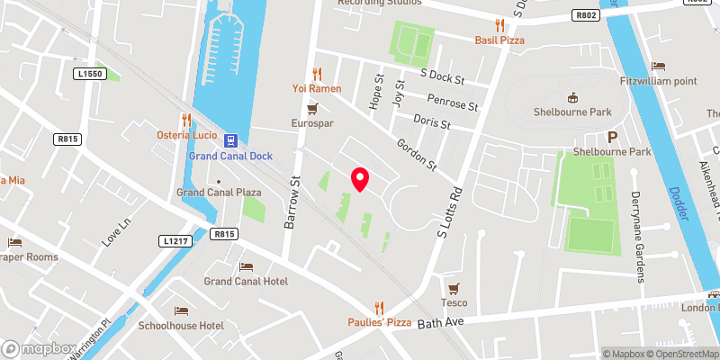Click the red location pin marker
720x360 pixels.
click(360, 179)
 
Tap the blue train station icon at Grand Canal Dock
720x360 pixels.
click(230, 140)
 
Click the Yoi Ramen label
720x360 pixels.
click(314, 88)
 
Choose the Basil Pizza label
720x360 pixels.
click(499, 40)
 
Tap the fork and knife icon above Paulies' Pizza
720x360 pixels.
click(379, 307)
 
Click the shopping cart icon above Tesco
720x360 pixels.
click(454, 288)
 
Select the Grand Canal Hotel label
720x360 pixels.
click(246, 282)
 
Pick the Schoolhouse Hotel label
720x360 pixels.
click(186, 325)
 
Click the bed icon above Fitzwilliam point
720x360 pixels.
click(659, 67)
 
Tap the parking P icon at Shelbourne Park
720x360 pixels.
click(613, 138)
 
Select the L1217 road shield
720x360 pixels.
click(175, 241)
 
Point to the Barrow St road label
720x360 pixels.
click(292, 202)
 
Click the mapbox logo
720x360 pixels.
click(40, 348)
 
